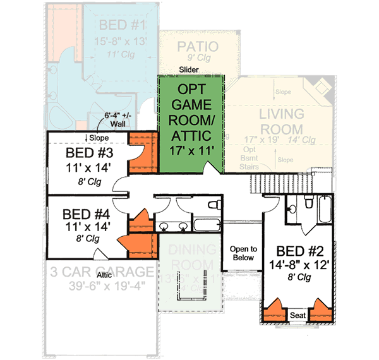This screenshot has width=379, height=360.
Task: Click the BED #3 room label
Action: (89, 154)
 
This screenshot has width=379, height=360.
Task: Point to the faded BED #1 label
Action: (123, 26)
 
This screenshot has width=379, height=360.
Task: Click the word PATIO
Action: (198, 47)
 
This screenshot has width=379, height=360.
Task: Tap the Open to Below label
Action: (243, 253)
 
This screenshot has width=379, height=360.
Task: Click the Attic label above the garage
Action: (104, 275)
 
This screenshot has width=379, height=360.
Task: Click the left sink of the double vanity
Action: (163, 226)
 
